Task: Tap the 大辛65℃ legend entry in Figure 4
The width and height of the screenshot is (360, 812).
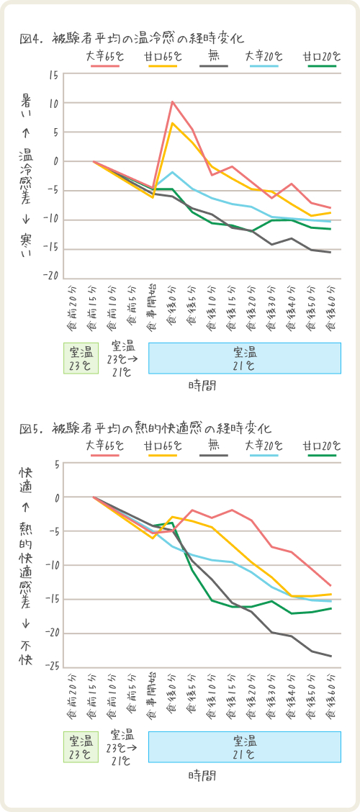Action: (x=102, y=57)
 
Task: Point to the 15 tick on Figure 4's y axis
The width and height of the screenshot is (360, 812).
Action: (x=53, y=75)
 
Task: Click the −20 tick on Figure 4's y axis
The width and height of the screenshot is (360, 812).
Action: (x=51, y=278)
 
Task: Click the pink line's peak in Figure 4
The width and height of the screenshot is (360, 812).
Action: (x=172, y=102)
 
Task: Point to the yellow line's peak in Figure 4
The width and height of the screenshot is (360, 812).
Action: (x=172, y=123)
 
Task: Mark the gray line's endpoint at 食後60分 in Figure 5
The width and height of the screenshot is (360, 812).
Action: (x=331, y=656)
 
